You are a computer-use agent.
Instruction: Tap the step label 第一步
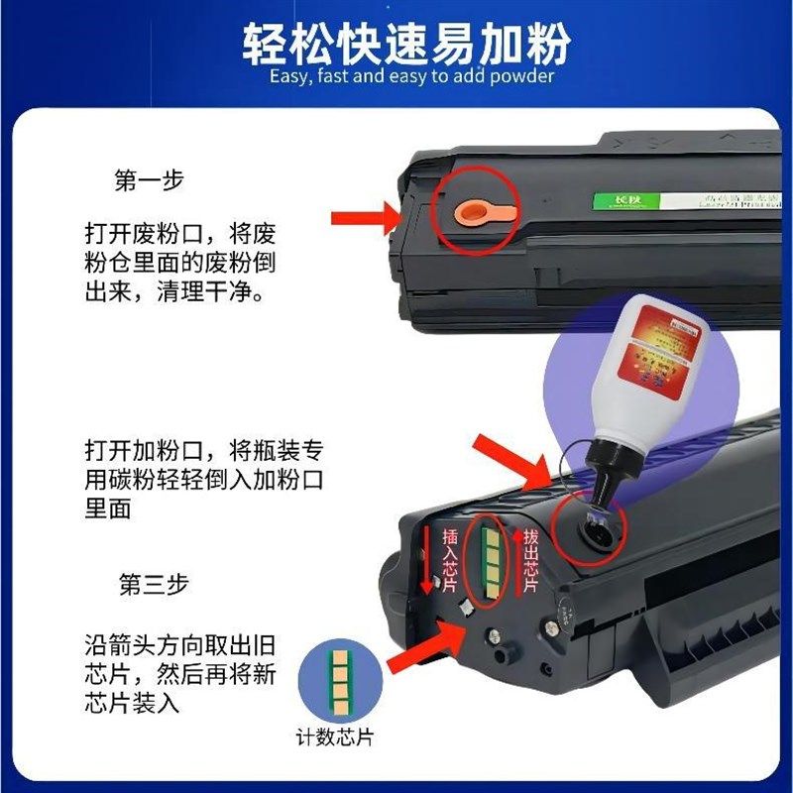pos(150,181)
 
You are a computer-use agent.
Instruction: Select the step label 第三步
pos(150,585)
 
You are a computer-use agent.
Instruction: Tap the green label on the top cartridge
pos(607,201)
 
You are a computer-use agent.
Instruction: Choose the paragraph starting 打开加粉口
pos(204,480)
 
